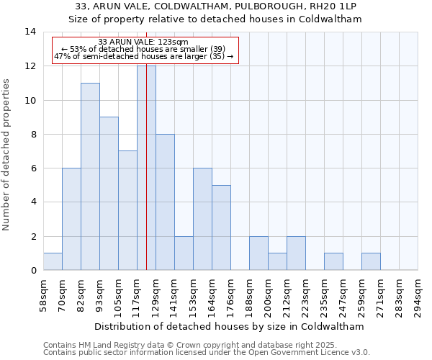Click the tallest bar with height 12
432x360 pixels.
pos(146,168)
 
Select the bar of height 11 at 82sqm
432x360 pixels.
pos(90,176)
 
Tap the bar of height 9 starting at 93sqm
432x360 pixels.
pos(109,193)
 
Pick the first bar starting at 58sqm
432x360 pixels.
pos(53,261)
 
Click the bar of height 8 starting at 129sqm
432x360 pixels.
pos(165,202)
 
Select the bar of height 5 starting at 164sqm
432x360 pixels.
pos(221,228)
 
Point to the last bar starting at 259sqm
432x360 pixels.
pos(371,261)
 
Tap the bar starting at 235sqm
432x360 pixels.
pos(333,261)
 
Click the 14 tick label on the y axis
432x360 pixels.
pos(30,32)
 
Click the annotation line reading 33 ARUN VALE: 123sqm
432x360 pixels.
pos(143,42)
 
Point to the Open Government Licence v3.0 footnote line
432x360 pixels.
pos(207,353)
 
